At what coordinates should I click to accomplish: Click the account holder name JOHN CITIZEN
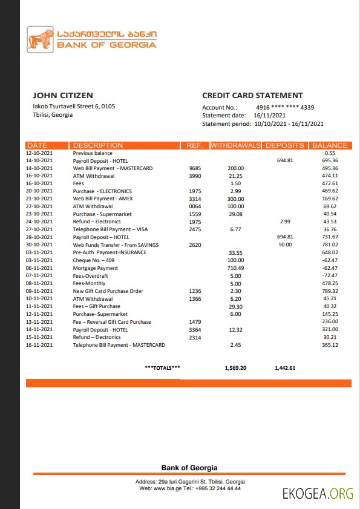tap(63, 95)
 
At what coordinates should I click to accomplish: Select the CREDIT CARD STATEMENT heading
tap(252, 95)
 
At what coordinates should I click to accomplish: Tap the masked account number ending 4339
tap(285, 107)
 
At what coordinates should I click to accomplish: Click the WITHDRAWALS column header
tap(235, 145)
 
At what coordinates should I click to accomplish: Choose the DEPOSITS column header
tap(285, 145)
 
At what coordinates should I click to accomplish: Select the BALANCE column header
tap(330, 145)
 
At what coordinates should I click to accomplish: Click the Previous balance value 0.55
tap(330, 153)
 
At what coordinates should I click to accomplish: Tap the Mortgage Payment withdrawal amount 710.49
tap(235, 268)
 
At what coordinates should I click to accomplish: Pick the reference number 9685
tap(195, 168)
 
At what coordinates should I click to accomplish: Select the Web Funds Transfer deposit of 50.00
tap(285, 245)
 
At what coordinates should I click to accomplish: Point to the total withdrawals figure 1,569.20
tap(235, 367)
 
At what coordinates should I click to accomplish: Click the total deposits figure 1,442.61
tap(285, 367)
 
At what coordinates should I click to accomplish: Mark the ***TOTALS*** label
tap(162, 367)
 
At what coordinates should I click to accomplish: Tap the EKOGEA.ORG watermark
tap(318, 493)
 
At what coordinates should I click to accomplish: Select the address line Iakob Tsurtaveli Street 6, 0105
tap(74, 107)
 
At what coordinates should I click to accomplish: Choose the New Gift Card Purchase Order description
tap(108, 291)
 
